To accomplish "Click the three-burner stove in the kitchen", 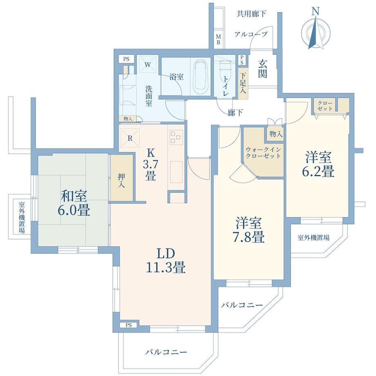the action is (x=176, y=137).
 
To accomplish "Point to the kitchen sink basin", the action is (x=176, y=172).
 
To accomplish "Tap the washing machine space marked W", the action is (x=148, y=64).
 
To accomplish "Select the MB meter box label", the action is (x=218, y=40).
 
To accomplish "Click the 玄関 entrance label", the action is (x=262, y=69).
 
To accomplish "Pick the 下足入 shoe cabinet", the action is (x=243, y=83).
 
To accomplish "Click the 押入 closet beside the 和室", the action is (x=121, y=178).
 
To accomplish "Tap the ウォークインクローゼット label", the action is (x=263, y=153).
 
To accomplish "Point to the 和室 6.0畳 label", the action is (x=74, y=203).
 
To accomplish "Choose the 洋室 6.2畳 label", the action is (x=318, y=164).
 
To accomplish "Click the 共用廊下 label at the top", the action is (x=251, y=14).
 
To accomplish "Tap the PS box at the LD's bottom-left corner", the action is (x=129, y=325).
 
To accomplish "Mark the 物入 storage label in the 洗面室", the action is (x=128, y=119).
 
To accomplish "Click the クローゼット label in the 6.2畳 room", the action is (x=325, y=106).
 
